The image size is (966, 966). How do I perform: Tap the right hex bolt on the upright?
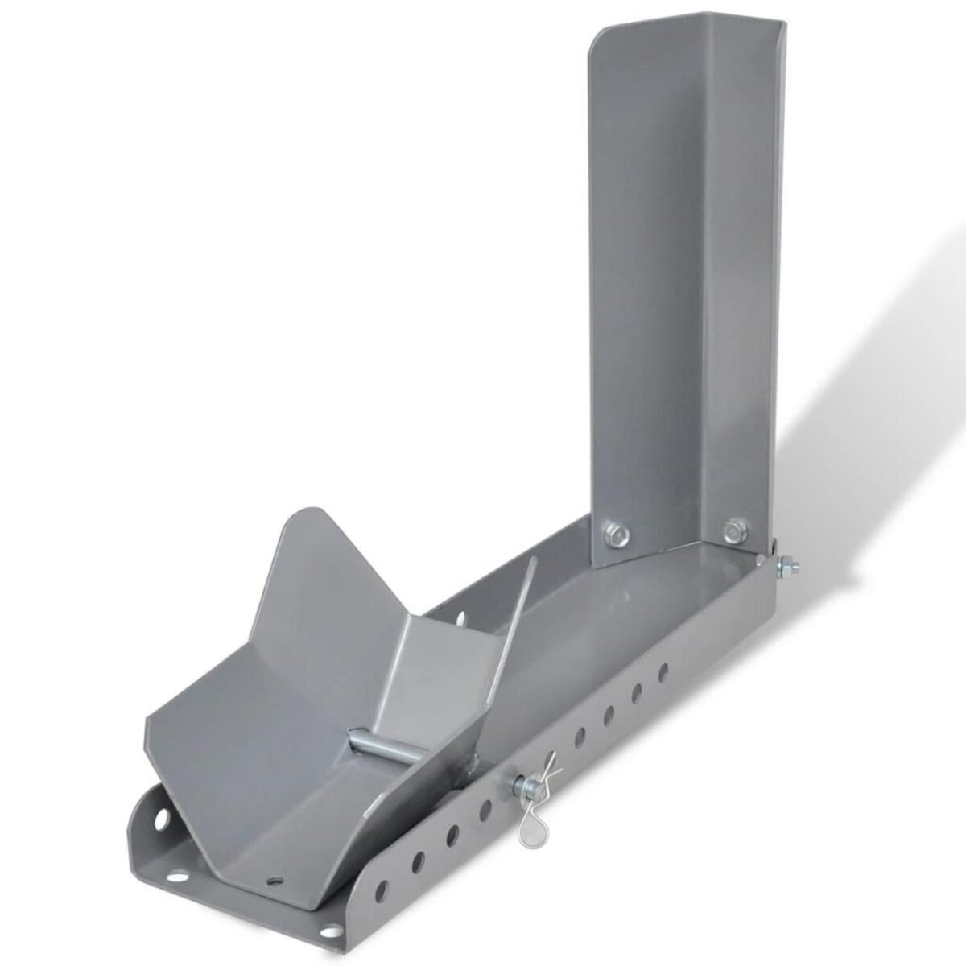(732, 530)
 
